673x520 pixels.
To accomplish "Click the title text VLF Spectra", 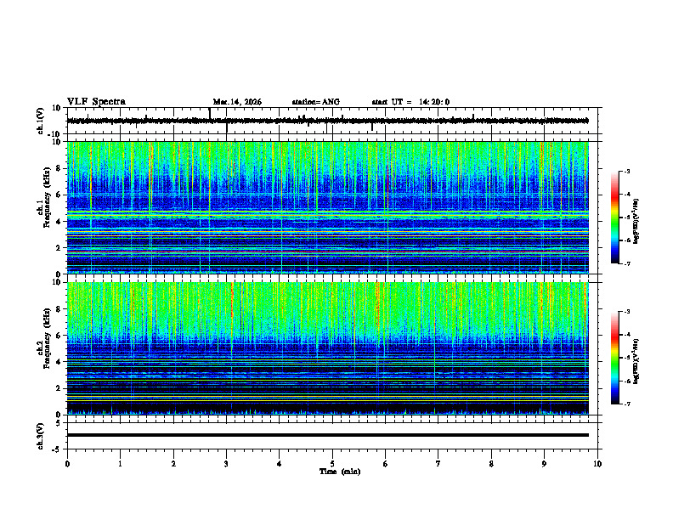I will [96, 102].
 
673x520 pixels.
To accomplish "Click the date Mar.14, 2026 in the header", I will [237, 102].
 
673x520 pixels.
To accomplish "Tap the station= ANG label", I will [315, 102].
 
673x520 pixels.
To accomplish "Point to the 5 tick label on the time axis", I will [332, 463].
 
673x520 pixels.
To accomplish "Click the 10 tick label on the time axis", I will [597, 463].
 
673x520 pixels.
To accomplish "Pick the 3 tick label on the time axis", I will [226, 463].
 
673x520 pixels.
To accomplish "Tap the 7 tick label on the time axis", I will [438, 463].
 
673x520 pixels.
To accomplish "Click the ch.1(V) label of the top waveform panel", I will [40, 121].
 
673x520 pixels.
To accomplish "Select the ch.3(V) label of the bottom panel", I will [40, 435].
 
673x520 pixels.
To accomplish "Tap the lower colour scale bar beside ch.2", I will [615, 358].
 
